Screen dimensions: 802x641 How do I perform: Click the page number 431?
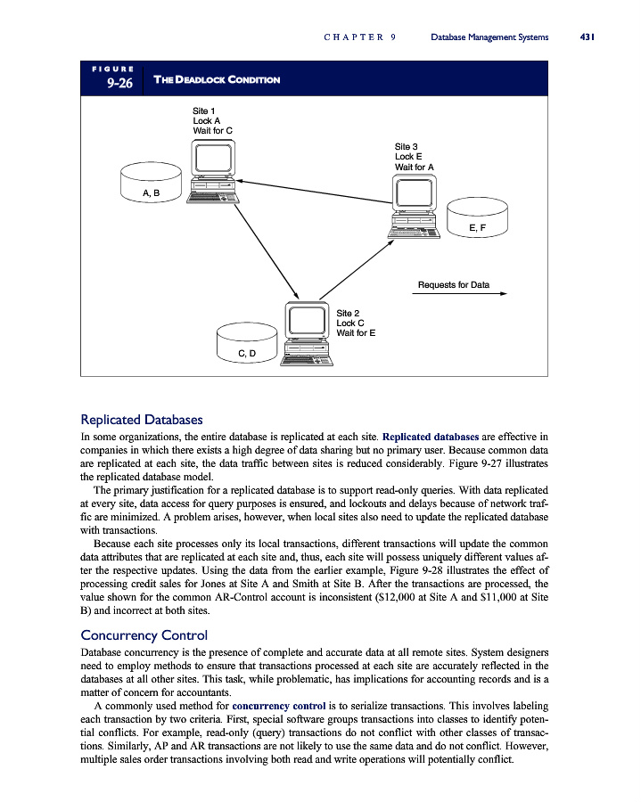pos(587,37)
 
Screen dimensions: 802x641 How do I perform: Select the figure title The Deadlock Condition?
pos(217,80)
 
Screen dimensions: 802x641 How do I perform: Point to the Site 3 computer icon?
pos(415,206)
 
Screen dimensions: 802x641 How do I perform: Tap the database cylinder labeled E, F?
pos(477,219)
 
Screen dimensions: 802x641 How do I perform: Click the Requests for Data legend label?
pos(454,285)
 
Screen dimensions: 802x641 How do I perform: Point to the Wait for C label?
pos(213,131)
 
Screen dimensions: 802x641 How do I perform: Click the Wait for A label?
pos(415,167)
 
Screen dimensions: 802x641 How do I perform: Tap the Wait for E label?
pos(356,333)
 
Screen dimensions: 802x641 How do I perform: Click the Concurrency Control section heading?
pos(144,635)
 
